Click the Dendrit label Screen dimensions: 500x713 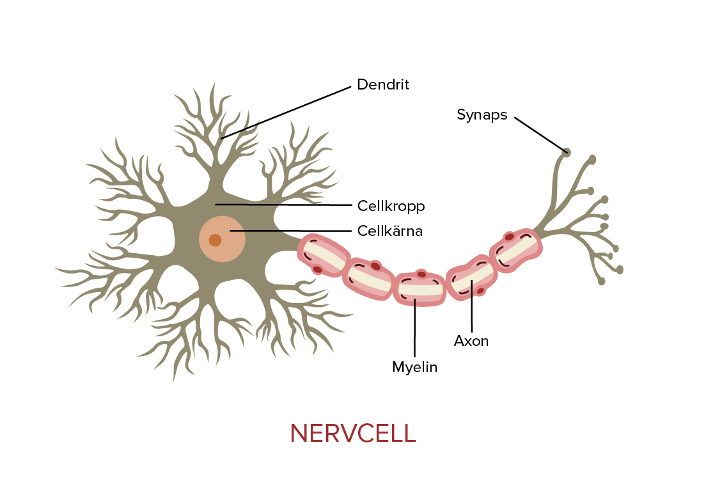(382, 84)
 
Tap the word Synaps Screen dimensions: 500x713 (482, 114)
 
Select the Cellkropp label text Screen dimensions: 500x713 (391, 207)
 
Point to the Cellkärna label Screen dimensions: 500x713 (390, 231)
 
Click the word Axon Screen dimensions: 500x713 (471, 341)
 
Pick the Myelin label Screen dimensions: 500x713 (414, 367)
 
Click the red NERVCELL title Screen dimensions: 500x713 (353, 434)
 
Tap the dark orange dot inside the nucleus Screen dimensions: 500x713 (215, 240)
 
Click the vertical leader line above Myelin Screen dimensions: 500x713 (415, 326)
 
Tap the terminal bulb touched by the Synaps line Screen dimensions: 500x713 (566, 152)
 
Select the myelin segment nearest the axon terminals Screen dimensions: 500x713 (515, 250)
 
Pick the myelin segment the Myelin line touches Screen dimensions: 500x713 (419, 289)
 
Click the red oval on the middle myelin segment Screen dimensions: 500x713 (420, 274)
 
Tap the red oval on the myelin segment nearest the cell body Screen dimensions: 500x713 (317, 269)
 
